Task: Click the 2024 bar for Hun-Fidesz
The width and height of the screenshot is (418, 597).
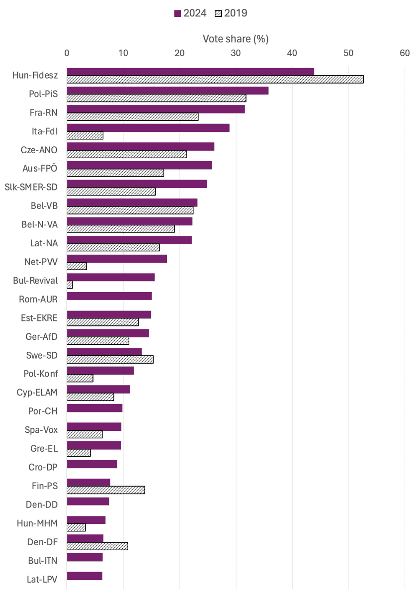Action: pos(190,72)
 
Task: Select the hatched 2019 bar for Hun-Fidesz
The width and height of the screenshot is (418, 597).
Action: pos(215,80)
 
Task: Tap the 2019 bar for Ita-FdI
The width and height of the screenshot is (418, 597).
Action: pos(85,135)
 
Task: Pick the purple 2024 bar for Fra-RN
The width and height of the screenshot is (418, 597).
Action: pos(156,109)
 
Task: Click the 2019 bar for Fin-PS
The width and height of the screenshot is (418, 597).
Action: pos(106,490)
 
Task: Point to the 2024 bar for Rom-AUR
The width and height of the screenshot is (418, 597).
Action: pos(109,296)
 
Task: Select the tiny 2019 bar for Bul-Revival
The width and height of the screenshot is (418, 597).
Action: pos(70,285)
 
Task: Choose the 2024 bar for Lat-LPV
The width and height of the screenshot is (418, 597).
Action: pos(84,576)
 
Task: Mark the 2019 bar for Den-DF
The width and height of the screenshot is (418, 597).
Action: pos(97,546)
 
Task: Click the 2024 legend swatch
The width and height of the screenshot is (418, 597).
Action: pos(177,13)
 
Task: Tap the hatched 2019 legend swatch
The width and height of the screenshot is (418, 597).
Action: pos(218,13)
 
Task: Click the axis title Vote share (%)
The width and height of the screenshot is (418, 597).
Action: pos(236,39)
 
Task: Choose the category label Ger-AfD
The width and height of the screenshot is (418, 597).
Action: pos(42,337)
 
